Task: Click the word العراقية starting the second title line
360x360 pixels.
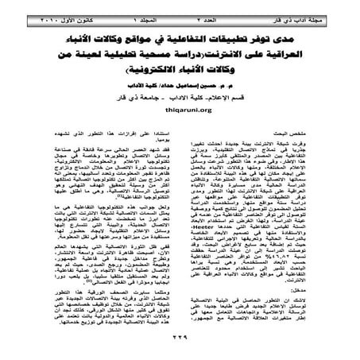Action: point(303,56)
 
